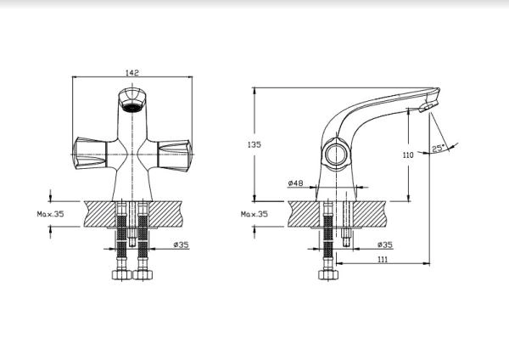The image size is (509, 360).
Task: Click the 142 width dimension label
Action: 132,72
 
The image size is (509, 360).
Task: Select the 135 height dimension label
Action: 255,144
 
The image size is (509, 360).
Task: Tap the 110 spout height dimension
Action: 408,155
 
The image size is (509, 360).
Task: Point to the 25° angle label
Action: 438,148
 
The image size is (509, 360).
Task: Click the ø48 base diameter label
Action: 295,183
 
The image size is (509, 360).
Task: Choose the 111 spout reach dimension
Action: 383,259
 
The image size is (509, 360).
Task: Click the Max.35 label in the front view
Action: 50,214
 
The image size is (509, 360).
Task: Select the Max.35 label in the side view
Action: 255,214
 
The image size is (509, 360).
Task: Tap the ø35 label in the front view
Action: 182,245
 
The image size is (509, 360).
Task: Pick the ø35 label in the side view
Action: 385,245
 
